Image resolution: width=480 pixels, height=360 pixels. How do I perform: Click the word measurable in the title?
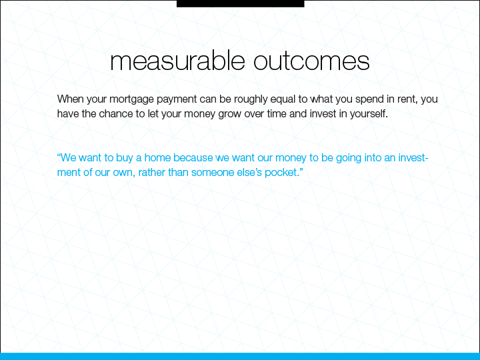pyautogui.click(x=177, y=61)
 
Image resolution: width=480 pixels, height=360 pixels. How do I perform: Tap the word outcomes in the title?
pyautogui.click(x=311, y=61)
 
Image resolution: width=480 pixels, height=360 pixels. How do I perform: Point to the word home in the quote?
pyautogui.click(x=157, y=157)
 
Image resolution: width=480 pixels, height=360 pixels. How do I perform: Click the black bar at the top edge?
pyautogui.click(x=240, y=3)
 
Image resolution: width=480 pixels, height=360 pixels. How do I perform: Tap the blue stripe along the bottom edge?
pyautogui.click(x=240, y=356)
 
